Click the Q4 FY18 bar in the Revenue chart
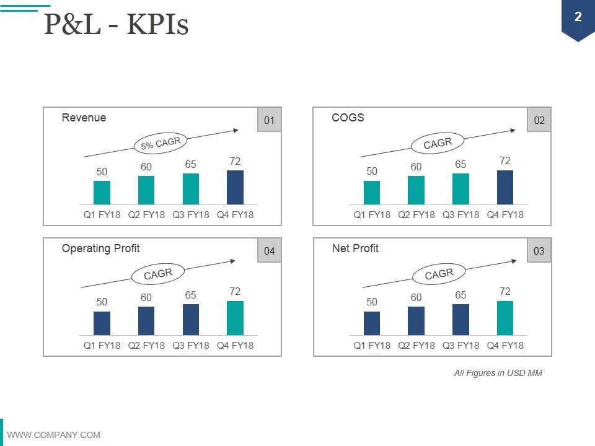point(235,187)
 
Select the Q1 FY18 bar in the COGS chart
point(372,193)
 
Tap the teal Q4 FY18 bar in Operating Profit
point(235,318)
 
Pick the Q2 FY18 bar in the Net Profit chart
point(416,320)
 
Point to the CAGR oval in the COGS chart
point(438,143)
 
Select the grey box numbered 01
point(269,120)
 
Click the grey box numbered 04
point(269,251)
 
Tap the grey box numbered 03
point(539,251)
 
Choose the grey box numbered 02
point(539,120)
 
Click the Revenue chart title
point(84,118)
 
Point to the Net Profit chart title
point(355,248)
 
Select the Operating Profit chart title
point(100,248)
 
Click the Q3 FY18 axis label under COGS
point(461,215)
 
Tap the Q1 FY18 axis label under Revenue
point(102,215)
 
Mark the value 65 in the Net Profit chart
point(461,295)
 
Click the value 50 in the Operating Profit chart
point(102,302)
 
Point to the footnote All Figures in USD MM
point(498,373)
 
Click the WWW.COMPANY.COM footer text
point(53,435)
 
